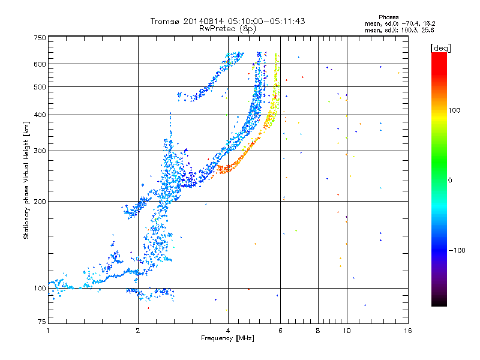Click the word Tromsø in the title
pos(166,21)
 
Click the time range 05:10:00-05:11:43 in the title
pos(266,21)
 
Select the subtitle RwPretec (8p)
pos(227,29)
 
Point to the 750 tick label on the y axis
pos(40,38)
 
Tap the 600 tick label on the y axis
pos(40,64)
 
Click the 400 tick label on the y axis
pos(40,115)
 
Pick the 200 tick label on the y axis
pos(40,202)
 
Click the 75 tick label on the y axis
pos(42,322)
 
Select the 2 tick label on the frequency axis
pos(138,331)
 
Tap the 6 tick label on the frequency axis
pos(280,331)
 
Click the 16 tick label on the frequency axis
pos(408,331)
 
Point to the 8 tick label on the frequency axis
pos(318,331)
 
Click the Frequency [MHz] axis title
pos(227,338)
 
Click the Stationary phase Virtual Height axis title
pos(26,181)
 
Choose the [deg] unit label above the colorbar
pos(440,48)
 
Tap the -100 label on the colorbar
pos(457,250)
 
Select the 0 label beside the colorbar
pos(450,181)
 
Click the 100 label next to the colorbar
pos(454,110)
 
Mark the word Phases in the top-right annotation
pos(388,17)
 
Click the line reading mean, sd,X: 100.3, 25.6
pos(399,31)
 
